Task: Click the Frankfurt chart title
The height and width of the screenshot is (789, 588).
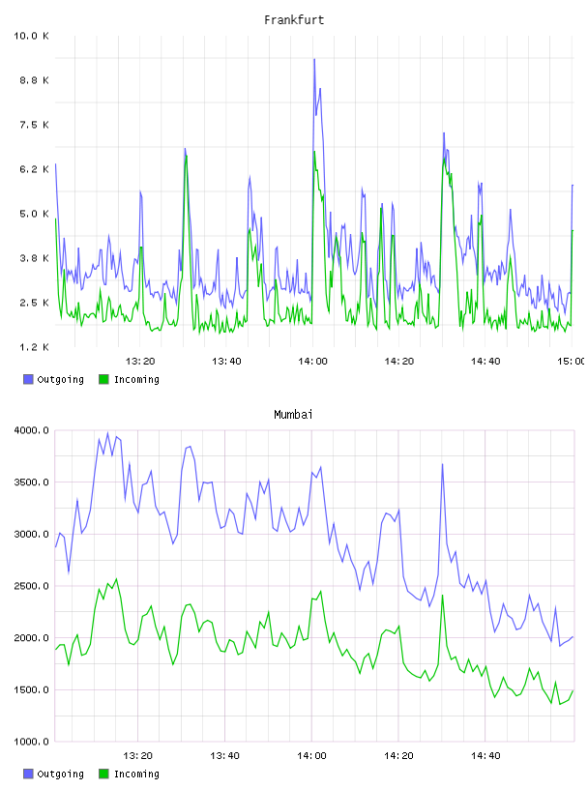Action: click(294, 20)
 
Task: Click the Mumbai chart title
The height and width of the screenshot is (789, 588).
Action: click(293, 415)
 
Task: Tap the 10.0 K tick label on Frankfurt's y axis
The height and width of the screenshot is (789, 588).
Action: click(31, 36)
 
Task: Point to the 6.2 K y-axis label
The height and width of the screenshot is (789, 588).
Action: click(34, 169)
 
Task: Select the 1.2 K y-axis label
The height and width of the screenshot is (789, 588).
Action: click(34, 347)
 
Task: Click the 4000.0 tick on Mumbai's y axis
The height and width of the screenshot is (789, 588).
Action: click(31, 430)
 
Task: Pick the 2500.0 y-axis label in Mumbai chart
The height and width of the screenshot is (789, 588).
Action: click(31, 586)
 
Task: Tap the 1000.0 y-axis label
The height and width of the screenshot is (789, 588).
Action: click(31, 742)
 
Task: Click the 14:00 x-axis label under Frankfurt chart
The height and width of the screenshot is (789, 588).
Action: click(312, 362)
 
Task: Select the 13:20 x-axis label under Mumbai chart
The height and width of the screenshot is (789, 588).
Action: click(138, 756)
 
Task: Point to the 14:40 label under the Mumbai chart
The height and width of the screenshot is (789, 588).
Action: click(485, 756)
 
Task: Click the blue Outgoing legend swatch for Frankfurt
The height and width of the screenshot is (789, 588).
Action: click(28, 379)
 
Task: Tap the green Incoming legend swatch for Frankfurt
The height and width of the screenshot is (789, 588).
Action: click(103, 379)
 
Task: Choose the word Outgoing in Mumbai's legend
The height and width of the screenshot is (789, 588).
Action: click(60, 774)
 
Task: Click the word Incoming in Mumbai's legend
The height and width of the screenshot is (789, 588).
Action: click(136, 774)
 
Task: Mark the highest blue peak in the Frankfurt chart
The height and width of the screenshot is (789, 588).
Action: click(314, 59)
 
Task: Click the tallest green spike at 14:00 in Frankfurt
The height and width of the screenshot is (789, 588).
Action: click(314, 152)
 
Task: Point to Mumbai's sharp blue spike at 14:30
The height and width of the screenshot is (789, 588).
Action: click(443, 464)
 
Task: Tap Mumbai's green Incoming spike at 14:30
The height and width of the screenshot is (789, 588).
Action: click(443, 596)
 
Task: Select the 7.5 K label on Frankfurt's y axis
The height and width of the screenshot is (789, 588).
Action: click(34, 125)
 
